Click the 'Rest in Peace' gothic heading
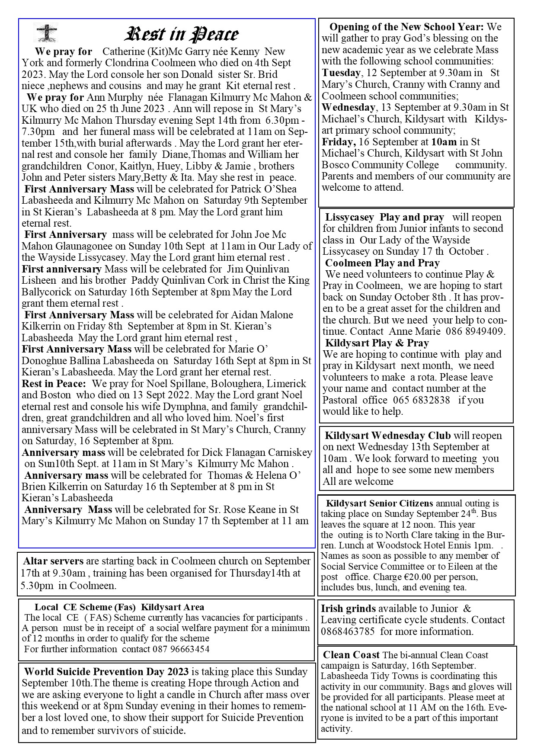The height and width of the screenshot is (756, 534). (181, 35)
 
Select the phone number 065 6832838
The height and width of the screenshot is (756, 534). (422, 400)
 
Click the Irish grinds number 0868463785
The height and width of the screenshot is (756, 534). (349, 631)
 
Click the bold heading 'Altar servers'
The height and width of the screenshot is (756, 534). (53, 561)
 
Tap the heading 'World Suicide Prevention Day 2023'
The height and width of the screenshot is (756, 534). (106, 672)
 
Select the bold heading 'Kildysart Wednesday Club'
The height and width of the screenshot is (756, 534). (388, 436)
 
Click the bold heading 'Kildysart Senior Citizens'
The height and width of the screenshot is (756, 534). (379, 503)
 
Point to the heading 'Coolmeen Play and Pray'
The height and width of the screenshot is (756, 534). (382, 263)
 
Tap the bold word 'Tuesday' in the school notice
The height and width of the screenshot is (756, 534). (341, 73)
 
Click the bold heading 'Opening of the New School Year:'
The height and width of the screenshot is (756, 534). (406, 27)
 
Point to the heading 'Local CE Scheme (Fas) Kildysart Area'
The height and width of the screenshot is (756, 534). (119, 608)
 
